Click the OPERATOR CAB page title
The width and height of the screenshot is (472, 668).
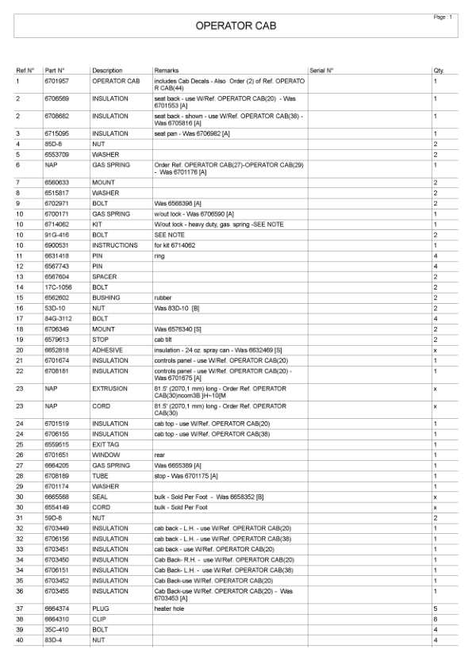[x=236, y=26]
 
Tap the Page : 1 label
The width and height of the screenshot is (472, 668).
[x=443, y=17]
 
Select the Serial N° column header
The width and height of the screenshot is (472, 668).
[x=321, y=70]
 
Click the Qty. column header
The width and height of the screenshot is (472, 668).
[x=439, y=70]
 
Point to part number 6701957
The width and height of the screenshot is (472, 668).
[x=57, y=81]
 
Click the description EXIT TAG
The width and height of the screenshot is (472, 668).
[x=106, y=445]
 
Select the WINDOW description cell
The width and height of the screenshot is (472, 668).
[x=106, y=455]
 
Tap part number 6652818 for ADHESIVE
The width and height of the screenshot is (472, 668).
[x=57, y=349]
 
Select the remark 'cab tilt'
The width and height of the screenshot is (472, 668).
[x=164, y=339]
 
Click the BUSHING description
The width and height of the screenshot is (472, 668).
[x=106, y=298]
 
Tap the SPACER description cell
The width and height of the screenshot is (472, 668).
[x=106, y=277]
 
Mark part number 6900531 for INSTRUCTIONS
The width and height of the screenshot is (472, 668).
[x=57, y=245]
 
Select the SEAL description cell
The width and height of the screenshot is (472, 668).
[x=101, y=497]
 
